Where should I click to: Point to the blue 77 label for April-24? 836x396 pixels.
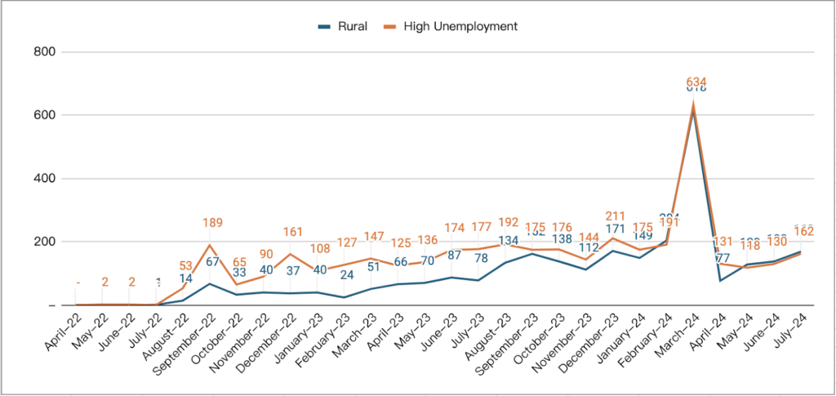click(x=721, y=258)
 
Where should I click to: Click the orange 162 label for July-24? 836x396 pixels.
click(x=802, y=232)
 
